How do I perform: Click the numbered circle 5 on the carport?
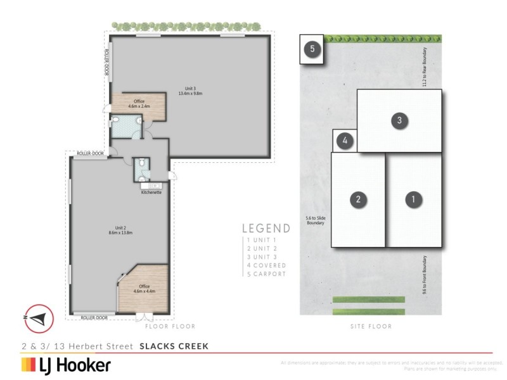click(x=312, y=49)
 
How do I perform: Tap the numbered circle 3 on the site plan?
click(x=399, y=121)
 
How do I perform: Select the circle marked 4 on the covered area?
click(x=344, y=141)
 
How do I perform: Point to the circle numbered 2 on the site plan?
click(x=358, y=199)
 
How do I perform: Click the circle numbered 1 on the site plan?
click(x=413, y=199)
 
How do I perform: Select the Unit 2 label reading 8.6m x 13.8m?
click(x=119, y=231)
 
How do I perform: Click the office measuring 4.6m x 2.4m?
click(x=139, y=104)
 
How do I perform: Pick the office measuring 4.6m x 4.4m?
click(x=144, y=289)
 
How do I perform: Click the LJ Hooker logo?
click(x=67, y=365)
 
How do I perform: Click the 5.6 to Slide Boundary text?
click(x=316, y=220)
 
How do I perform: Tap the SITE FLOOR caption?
click(x=371, y=327)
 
